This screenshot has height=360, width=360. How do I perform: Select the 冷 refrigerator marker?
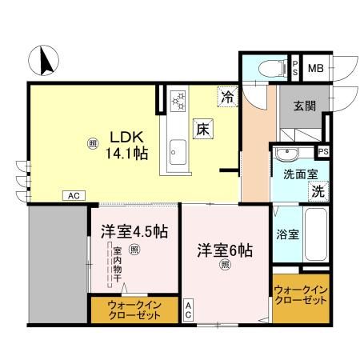coord(228,98)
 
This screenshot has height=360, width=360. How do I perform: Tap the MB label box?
coord(316,70)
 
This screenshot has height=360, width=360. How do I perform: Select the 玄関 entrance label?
coord(305,105)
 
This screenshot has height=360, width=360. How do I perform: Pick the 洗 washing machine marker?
coord(318,192)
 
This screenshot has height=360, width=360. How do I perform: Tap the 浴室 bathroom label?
coord(288,234)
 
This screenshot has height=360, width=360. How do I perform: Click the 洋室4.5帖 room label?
coord(134,232)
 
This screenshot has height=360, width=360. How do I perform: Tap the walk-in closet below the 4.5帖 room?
coord(134,310)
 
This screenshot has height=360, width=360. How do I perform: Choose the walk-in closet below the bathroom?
coord(300,294)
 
